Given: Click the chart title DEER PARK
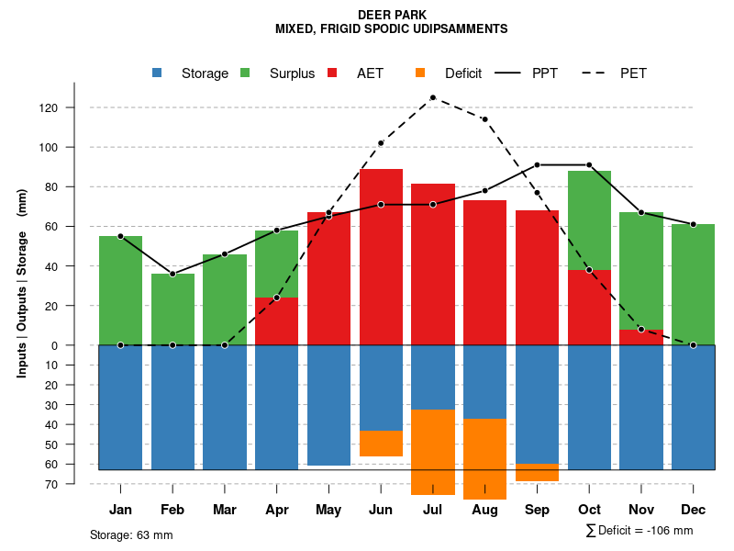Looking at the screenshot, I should coord(391,15).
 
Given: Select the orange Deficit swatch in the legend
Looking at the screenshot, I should coord(420,73).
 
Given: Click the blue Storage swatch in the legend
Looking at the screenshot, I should coord(157,73).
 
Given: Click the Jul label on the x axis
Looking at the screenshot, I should coord(432,509).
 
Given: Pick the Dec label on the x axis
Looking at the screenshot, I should coord(694,509).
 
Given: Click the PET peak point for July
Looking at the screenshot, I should coord(432,97).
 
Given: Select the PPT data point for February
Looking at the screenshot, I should coord(172,274).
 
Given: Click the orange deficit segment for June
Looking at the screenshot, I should coord(381,444).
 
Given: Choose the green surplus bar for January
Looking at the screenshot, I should coord(120,290).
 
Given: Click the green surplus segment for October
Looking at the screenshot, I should coord(589,220).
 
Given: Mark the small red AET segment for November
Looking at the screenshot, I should coord(641,337).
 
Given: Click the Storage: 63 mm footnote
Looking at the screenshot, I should coord(131,534).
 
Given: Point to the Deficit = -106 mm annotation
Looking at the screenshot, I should coord(639,530).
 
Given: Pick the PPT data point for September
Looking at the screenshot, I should coord(537,165).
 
